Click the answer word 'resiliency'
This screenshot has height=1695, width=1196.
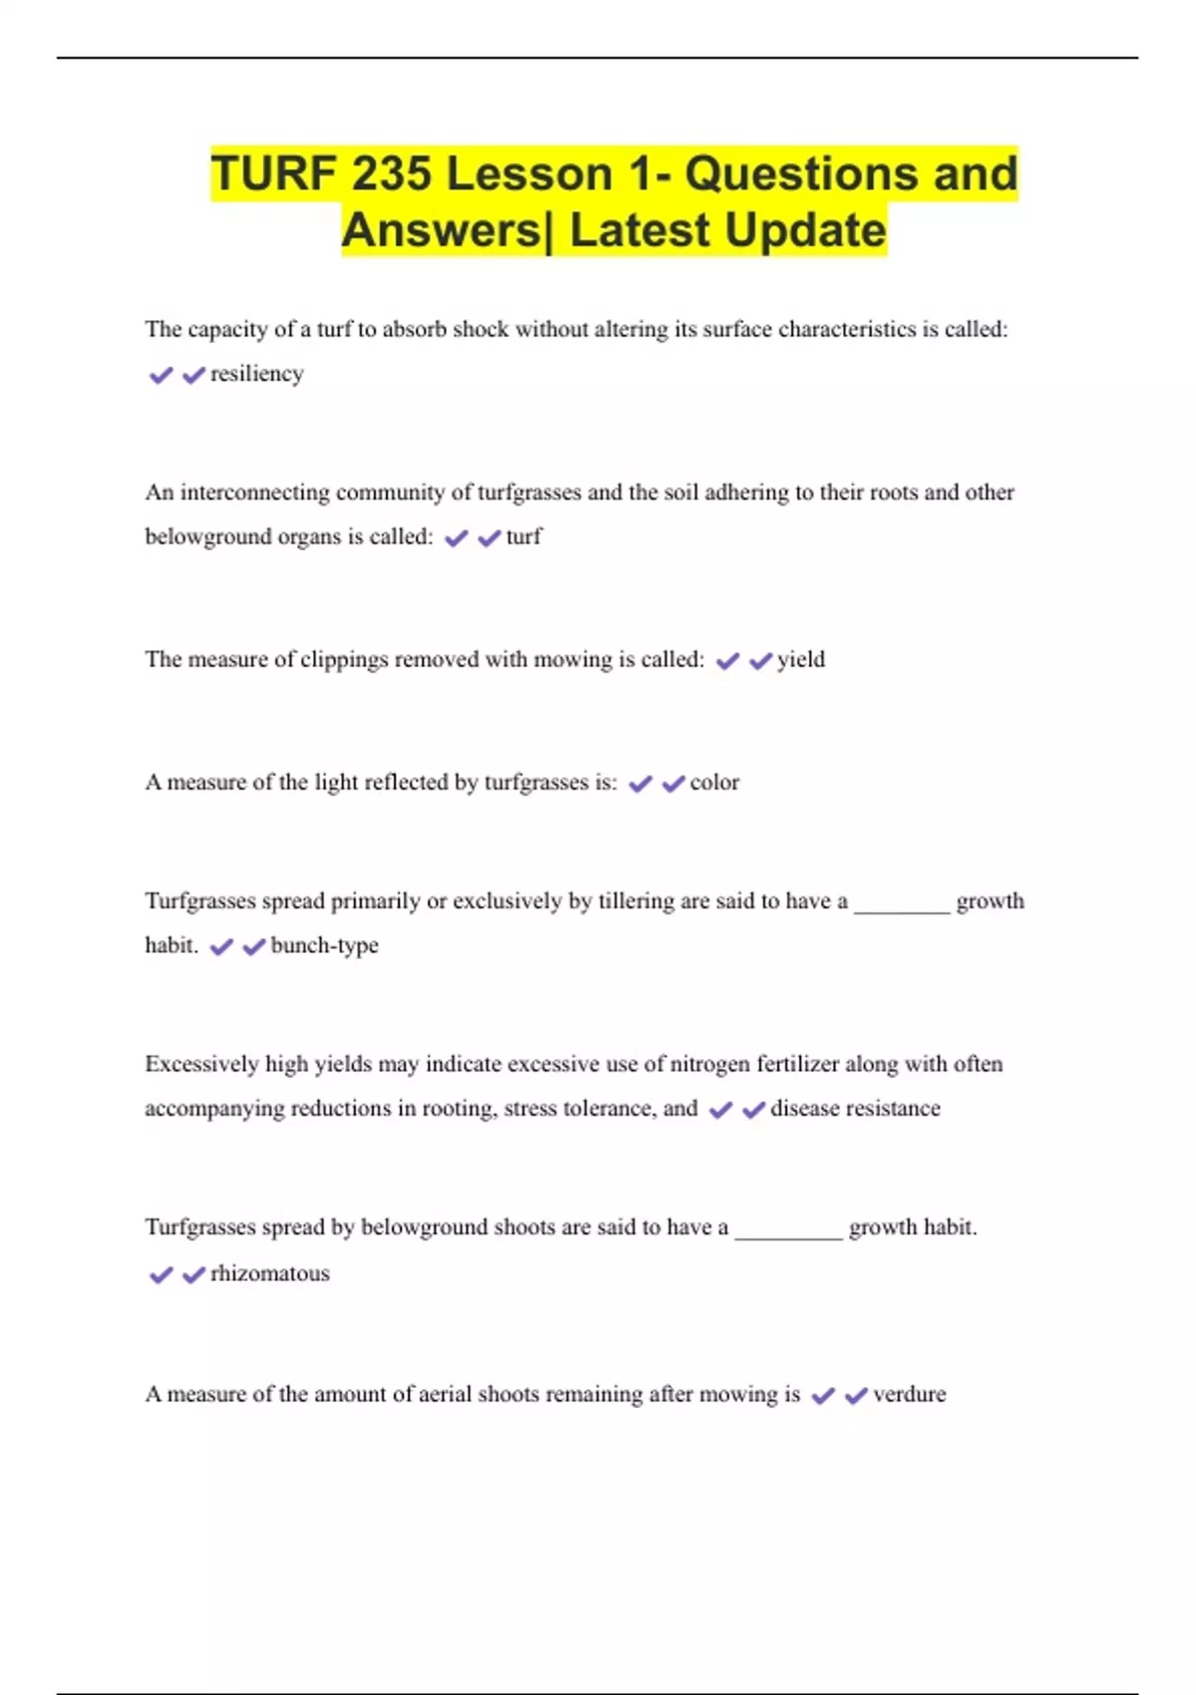256,374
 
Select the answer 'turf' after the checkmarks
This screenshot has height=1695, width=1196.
523,536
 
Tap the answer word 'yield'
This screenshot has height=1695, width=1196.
800,659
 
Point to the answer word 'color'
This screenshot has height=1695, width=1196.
714,783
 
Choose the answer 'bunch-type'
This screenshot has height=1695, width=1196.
324,945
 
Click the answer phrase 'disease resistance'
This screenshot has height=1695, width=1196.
854,1109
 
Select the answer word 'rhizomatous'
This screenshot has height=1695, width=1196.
269,1273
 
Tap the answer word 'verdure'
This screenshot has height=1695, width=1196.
909,1394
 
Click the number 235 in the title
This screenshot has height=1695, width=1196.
391,174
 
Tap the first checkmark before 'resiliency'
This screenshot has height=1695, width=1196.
160,375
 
